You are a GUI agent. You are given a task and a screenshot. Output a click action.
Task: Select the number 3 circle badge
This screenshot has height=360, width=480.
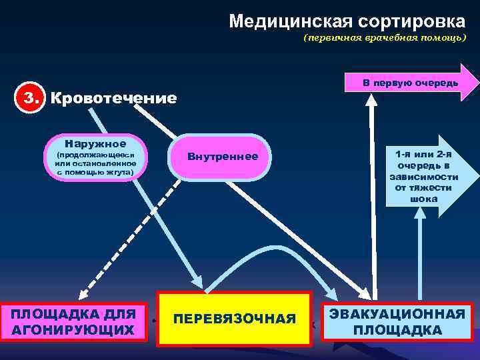[x=30, y=98]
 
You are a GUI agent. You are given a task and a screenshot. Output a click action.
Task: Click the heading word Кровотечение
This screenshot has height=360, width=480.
[x=114, y=99]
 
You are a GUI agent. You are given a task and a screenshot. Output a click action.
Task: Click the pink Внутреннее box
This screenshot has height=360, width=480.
[x=222, y=157]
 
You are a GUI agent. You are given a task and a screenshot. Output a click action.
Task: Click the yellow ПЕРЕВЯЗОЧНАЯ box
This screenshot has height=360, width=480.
[x=234, y=319]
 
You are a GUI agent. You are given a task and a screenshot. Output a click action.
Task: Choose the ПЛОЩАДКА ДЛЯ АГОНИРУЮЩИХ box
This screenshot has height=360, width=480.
[x=73, y=321]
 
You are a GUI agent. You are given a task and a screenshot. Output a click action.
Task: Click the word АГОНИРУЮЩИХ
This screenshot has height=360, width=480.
[x=73, y=329]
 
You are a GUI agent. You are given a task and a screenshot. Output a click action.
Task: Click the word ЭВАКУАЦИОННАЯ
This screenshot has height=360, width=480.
[x=397, y=314]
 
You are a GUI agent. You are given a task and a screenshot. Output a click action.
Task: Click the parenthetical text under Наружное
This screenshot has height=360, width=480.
[x=95, y=163]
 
